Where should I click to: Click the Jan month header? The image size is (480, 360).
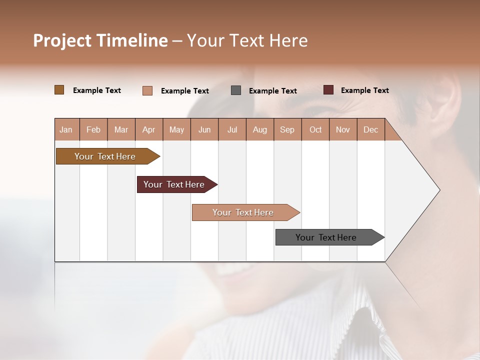click(x=66, y=129)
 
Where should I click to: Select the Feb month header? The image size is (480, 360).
click(x=93, y=129)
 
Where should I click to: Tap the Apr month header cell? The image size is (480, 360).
click(x=148, y=129)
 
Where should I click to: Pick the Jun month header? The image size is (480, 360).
click(x=204, y=129)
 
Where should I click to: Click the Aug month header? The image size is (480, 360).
click(x=259, y=129)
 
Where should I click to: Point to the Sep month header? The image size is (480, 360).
click(x=287, y=129)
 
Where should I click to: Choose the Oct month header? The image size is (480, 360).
click(x=315, y=129)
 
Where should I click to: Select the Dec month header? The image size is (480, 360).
click(x=370, y=129)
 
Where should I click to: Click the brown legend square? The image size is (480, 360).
click(x=59, y=90)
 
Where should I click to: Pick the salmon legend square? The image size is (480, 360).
click(x=147, y=90)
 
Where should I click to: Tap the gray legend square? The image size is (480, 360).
click(x=236, y=90)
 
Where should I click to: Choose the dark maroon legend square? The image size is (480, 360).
click(x=328, y=90)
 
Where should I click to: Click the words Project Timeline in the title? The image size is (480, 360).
click(x=100, y=40)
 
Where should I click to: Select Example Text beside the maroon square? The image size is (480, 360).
click(x=364, y=90)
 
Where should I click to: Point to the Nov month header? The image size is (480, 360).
click(x=343, y=129)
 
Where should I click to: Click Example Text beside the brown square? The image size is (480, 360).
click(x=97, y=90)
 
